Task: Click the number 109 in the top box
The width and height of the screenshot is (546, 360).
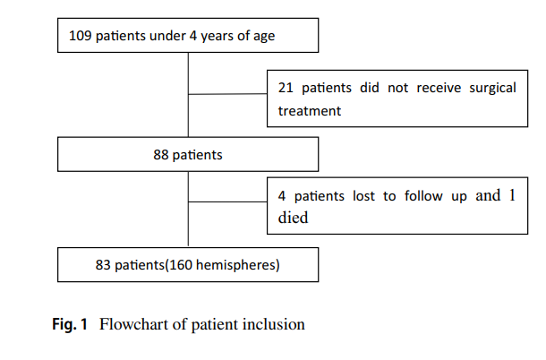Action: pyautogui.click(x=80, y=36)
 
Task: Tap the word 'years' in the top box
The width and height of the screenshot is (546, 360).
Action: pyautogui.click(x=217, y=36)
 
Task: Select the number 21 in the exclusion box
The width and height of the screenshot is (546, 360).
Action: pyautogui.click(x=286, y=88)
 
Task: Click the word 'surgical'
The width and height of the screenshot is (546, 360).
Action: pyautogui.click(x=492, y=88)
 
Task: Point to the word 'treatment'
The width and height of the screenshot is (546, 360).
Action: pyautogui.click(x=310, y=111)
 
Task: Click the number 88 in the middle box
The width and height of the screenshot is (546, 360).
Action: pyautogui.click(x=161, y=155)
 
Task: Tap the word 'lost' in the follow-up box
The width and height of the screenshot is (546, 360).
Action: pyautogui.click(x=363, y=196)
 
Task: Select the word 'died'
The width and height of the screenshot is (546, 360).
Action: pyautogui.click(x=293, y=218)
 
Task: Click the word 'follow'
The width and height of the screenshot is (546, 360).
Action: pyautogui.click(x=423, y=195)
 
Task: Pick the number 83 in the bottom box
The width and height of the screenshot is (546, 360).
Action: pyautogui.click(x=103, y=265)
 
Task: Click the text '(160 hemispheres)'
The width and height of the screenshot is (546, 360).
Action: pyautogui.click(x=222, y=265)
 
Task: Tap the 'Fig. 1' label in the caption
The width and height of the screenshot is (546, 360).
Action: pyautogui.click(x=70, y=324)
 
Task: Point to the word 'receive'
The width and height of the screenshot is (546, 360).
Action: pyautogui.click(x=439, y=88)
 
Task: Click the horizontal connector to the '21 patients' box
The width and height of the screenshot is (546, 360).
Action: pyautogui.click(x=227, y=94)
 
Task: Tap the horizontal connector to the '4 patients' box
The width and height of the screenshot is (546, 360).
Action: pyautogui.click(x=227, y=201)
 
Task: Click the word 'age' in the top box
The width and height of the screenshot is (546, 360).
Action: pyautogui.click(x=264, y=37)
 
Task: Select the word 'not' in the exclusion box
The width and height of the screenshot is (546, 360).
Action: pyautogui.click(x=397, y=88)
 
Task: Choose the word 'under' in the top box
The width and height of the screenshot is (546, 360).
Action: pyautogui.click(x=167, y=36)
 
